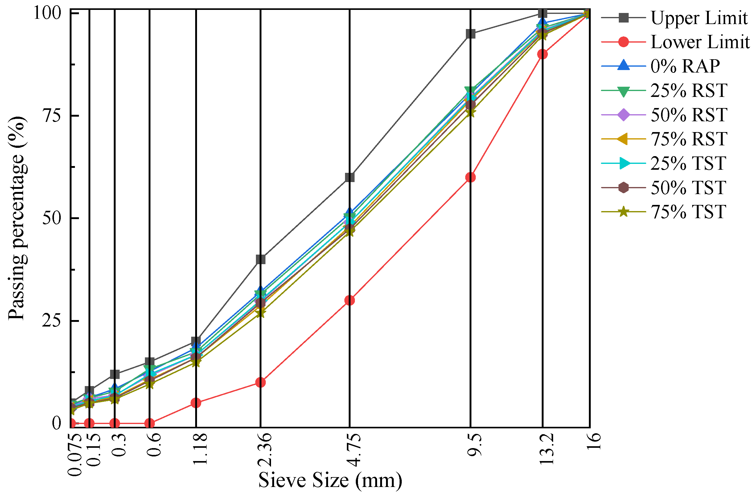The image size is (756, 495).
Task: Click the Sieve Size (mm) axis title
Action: (330, 480)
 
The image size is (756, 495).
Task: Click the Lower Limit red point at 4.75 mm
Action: (349, 300)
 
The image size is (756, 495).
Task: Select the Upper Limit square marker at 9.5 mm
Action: (470, 34)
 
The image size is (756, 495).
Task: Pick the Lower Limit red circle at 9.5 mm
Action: (470, 177)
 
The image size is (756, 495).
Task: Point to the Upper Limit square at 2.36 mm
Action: (261, 260)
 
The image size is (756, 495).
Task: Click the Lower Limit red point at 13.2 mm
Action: (543, 54)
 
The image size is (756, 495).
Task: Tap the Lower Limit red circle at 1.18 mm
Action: (196, 403)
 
